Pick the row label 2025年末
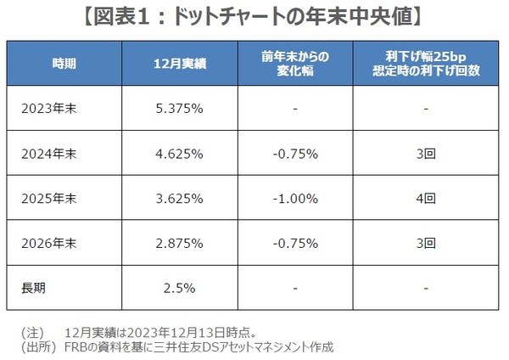[x=52, y=199]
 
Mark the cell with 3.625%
[x=178, y=199]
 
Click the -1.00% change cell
[x=296, y=199]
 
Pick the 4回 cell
[x=427, y=199]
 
